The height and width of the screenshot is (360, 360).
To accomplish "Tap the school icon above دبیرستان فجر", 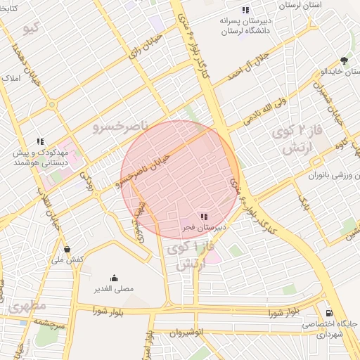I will pyautogui.click(x=204, y=217).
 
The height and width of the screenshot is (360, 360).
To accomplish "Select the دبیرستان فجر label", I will pyautogui.click(x=204, y=228).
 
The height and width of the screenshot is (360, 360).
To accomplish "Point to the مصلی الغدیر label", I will pyautogui.click(x=114, y=288).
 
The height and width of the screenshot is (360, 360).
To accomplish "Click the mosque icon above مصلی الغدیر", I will pyautogui.click(x=114, y=278).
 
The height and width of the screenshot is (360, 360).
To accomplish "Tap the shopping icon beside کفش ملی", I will pyautogui.click(x=67, y=249).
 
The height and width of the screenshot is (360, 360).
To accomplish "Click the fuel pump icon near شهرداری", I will pyautogui.click(x=329, y=313).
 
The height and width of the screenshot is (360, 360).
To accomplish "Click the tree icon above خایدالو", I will pyautogui.click(x=343, y=61).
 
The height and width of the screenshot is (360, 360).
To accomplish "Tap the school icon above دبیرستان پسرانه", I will pyautogui.click(x=245, y=10).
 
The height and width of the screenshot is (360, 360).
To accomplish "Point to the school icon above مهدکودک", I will pyautogui.click(x=41, y=141).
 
